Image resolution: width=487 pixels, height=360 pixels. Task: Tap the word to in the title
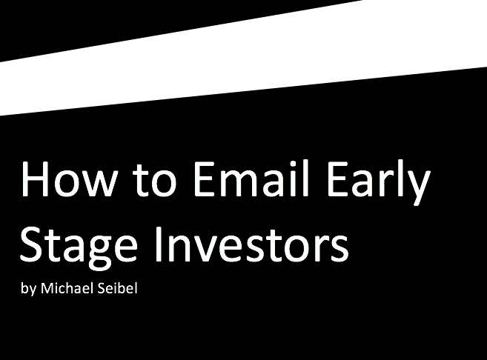tap(153, 180)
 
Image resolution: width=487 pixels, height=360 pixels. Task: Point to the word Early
tap(380, 182)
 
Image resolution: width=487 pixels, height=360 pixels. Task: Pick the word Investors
tap(252, 244)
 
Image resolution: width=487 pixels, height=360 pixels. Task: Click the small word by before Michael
tap(28, 289)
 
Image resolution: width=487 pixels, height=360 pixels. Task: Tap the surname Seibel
tap(117, 288)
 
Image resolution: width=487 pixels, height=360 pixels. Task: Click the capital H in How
tap(35, 179)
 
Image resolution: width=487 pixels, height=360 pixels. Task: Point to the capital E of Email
tap(205, 179)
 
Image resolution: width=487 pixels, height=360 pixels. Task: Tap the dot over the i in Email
tap(294, 162)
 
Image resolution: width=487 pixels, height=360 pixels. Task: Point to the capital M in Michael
tap(47, 288)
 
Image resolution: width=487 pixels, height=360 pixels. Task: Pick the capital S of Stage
tap(32, 244)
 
